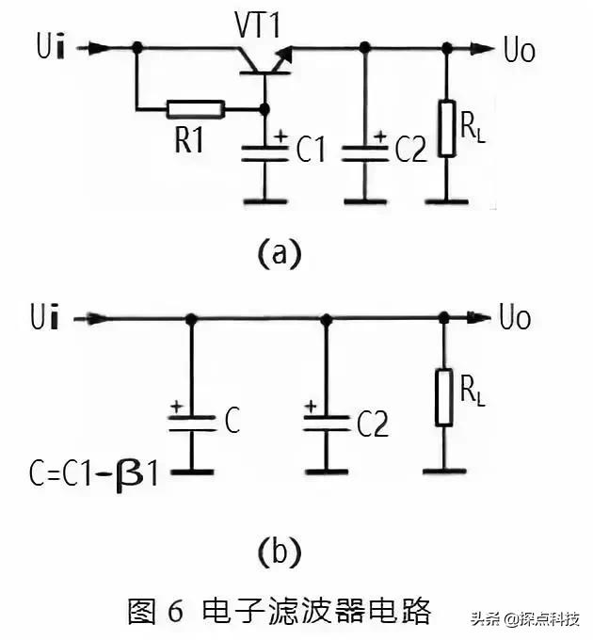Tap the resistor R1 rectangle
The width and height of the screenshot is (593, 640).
(195, 109)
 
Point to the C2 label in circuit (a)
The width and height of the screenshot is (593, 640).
(410, 151)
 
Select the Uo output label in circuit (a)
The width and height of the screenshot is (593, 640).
(519, 49)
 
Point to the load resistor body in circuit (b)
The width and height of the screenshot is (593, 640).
(443, 396)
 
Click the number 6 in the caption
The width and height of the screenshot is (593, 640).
(174, 610)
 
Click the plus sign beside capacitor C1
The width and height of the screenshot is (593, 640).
(280, 137)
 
